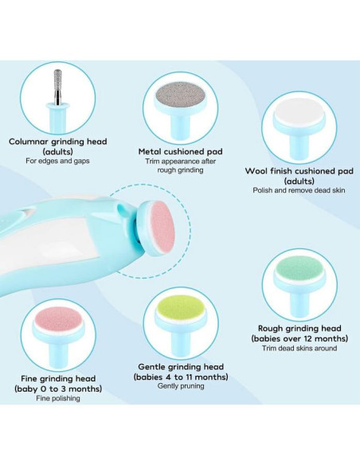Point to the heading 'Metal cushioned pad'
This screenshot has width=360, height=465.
[180, 150]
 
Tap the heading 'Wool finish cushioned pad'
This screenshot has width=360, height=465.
[299, 170]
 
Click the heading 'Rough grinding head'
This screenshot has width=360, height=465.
[299, 327]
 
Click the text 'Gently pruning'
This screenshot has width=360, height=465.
[182, 385]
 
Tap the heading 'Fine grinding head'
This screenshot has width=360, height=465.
[55, 378]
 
